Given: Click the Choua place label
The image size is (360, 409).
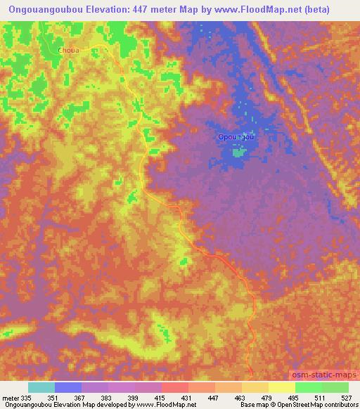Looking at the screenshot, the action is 69,51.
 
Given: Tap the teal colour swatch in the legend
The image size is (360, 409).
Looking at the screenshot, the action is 41,387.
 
